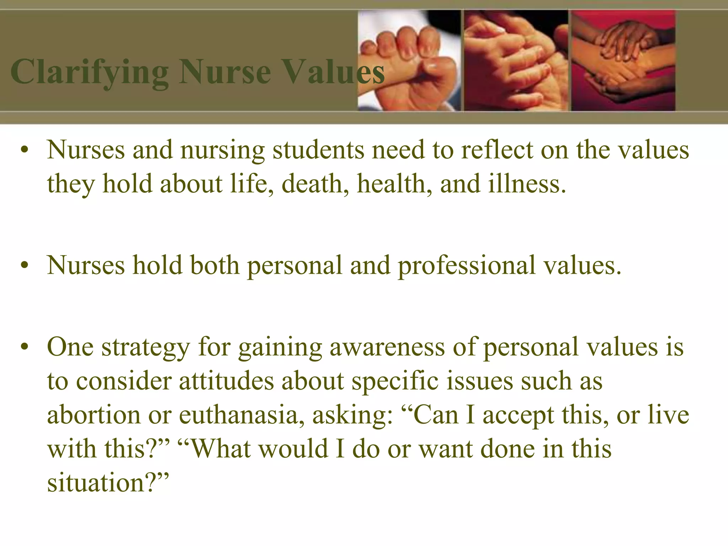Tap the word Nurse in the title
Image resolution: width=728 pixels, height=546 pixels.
[x=225, y=73]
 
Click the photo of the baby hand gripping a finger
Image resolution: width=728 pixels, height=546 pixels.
[x=409, y=60]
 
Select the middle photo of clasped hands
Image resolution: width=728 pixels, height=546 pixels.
[x=516, y=60]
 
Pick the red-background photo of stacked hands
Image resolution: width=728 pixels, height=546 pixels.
[x=623, y=60]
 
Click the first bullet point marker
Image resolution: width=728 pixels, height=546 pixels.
[x=24, y=151]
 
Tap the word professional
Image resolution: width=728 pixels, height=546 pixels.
[x=466, y=266]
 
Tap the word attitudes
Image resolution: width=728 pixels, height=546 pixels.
[x=226, y=381]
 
